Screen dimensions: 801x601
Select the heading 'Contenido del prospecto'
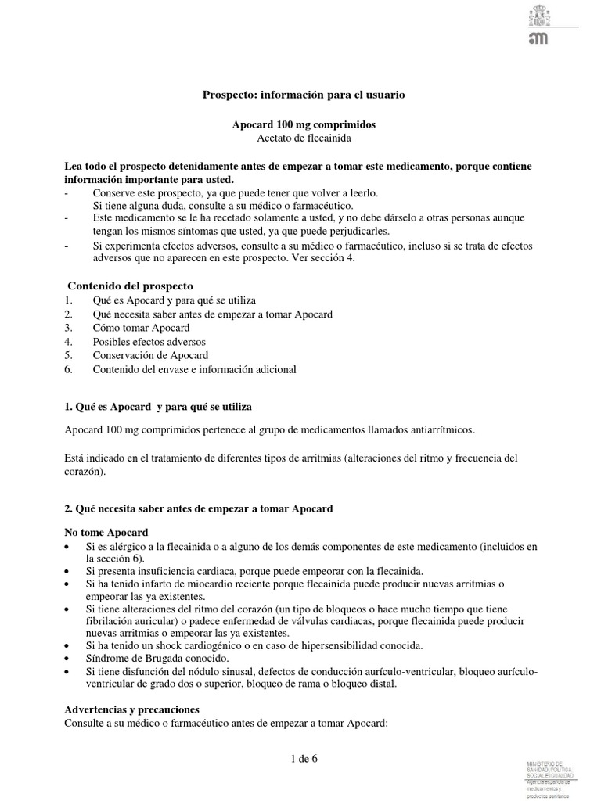130,286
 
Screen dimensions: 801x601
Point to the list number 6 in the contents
69,369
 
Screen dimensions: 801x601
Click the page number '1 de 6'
300,758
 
